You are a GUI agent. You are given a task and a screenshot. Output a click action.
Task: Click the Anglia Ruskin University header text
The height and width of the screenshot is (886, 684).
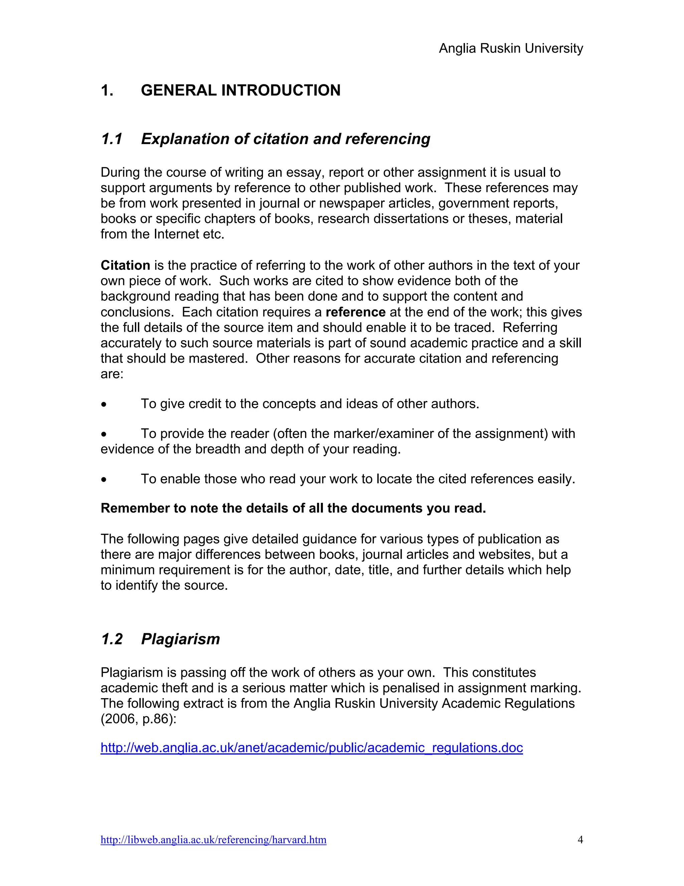click(511, 48)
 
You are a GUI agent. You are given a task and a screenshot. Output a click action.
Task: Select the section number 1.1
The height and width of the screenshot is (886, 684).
click(112, 139)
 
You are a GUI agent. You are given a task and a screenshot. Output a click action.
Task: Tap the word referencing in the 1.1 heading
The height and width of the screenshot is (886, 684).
click(387, 139)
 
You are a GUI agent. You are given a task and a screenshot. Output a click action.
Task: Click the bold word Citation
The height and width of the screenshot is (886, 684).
click(125, 265)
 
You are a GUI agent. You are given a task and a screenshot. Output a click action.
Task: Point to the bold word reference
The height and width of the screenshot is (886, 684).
click(355, 312)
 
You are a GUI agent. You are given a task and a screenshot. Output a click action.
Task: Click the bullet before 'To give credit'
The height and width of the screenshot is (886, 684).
click(104, 405)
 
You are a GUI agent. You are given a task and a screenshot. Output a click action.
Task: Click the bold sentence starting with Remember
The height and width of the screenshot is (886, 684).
click(293, 508)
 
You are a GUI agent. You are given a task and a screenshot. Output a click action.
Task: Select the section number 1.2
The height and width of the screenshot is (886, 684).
click(112, 639)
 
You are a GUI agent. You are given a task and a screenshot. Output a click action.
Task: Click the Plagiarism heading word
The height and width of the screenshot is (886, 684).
click(180, 639)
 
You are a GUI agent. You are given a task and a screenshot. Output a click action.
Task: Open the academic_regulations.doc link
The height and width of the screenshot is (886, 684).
click(312, 747)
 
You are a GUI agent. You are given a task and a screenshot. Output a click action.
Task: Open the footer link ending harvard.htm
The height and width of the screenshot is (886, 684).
click(213, 840)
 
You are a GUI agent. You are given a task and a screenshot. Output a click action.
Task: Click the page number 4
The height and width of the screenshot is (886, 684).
click(580, 840)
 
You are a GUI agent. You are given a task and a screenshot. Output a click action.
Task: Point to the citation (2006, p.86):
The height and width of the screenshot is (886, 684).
click(139, 719)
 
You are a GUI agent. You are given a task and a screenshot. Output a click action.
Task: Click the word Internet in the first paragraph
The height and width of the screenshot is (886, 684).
click(176, 234)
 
